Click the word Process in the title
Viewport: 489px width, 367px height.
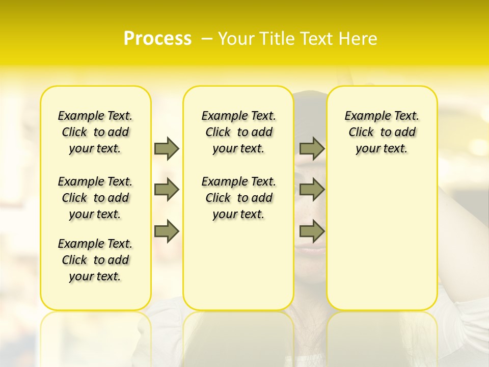tap(157, 39)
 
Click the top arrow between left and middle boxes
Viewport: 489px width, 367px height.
tap(167, 148)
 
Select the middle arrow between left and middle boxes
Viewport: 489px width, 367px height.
tap(167, 190)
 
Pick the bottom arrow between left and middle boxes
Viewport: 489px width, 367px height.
tap(167, 231)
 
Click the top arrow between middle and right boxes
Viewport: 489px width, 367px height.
tap(312, 148)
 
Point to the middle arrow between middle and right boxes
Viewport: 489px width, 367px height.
tap(312, 190)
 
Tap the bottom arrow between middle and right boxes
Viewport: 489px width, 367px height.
tap(312, 231)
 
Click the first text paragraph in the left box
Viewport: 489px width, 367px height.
tap(95, 132)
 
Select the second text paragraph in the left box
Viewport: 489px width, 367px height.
tap(95, 198)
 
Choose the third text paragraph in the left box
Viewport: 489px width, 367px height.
tap(95, 260)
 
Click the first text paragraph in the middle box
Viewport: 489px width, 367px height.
tap(238, 132)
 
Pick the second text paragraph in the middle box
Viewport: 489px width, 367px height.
tap(238, 198)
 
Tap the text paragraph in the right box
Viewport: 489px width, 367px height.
tap(382, 132)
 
